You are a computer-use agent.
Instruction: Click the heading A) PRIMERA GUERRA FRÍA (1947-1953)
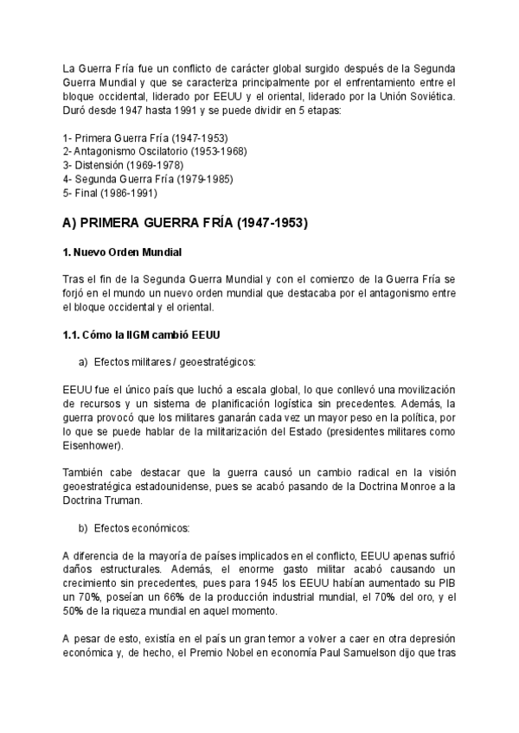(x=185, y=222)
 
